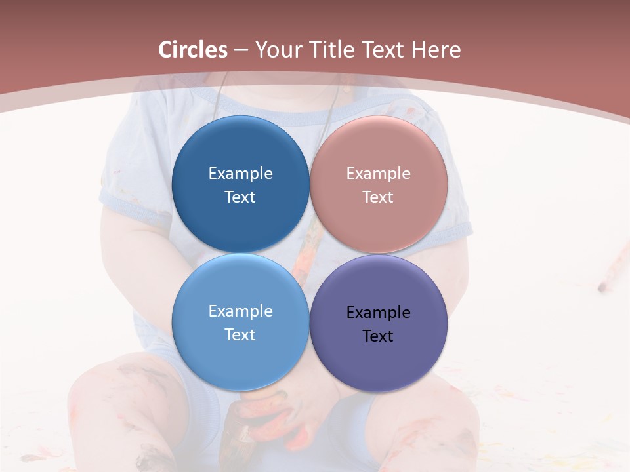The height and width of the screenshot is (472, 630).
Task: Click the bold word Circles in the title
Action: (193, 50)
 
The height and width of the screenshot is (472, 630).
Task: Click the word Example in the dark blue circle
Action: (240, 174)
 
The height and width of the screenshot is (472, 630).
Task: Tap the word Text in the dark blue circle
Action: (240, 197)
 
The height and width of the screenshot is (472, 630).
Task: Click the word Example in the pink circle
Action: (379, 174)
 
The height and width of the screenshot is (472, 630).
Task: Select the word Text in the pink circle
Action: (379, 197)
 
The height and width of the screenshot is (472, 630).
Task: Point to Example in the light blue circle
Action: (240, 311)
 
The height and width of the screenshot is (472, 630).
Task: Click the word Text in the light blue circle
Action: (240, 335)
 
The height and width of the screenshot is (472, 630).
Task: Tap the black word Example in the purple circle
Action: (379, 313)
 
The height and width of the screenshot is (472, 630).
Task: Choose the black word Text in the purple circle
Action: (379, 336)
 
